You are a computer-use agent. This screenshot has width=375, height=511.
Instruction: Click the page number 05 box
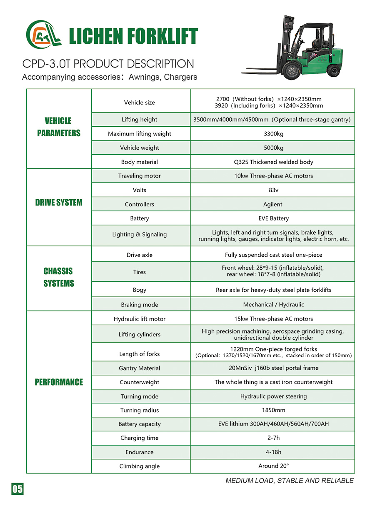tap(17, 489)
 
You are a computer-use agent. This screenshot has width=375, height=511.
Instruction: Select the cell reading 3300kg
tap(273, 134)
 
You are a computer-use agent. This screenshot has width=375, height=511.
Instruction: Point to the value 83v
tap(273, 190)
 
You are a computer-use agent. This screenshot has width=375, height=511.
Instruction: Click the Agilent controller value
tap(273, 204)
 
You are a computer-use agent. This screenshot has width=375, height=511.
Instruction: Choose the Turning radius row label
tap(140, 410)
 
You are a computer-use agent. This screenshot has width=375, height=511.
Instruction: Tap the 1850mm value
tap(273, 410)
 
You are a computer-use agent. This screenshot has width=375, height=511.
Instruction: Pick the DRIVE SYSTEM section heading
tap(59, 203)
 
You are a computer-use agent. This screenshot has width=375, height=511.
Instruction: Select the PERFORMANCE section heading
tap(59, 382)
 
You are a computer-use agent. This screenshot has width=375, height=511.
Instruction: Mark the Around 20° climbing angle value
tap(273, 466)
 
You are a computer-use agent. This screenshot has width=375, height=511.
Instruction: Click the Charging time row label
tap(140, 438)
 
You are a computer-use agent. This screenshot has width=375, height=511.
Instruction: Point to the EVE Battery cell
tap(273, 218)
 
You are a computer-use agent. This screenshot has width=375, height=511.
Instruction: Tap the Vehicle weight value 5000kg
tap(273, 148)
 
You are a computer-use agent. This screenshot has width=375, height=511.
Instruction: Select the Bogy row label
tap(140, 290)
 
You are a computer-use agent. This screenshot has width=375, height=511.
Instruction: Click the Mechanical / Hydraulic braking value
tap(273, 304)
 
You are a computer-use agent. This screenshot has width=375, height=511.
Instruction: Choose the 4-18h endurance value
tap(273, 452)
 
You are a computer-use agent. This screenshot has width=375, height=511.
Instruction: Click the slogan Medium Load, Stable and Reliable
tap(290, 481)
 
